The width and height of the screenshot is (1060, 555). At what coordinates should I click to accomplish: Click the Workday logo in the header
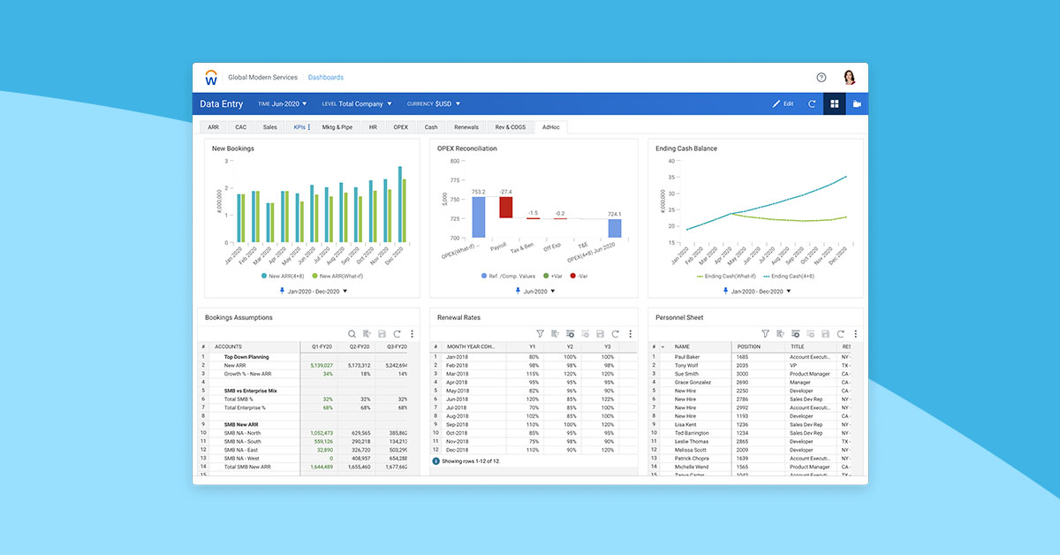tap(211, 78)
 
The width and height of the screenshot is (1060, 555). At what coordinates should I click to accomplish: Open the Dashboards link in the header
tap(325, 78)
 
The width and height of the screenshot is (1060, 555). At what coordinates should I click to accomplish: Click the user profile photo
tap(850, 78)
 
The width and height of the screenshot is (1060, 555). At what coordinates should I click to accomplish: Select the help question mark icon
tap(821, 78)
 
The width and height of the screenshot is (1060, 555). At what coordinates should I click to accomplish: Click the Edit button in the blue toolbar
tap(783, 104)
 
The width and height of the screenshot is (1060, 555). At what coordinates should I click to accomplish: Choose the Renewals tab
tap(466, 127)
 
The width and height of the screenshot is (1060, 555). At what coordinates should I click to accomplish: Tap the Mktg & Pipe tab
tap(337, 127)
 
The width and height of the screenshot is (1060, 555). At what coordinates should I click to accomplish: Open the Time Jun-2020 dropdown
tap(283, 104)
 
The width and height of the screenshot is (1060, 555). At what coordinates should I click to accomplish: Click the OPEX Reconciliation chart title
tap(466, 148)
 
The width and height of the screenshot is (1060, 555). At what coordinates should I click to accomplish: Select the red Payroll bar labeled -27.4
tap(505, 207)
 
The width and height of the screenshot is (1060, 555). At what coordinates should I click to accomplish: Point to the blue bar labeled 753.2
tap(478, 217)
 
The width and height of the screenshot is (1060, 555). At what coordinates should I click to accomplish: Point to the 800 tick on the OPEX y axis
tap(454, 161)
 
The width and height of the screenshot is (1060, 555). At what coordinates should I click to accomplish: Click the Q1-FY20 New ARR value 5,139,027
tap(321, 365)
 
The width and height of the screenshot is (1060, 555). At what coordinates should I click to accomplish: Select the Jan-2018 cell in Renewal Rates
tap(458, 357)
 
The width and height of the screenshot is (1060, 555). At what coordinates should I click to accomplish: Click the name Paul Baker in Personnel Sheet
tap(686, 357)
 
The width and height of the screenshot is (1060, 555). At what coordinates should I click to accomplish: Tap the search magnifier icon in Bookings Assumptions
tap(352, 334)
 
